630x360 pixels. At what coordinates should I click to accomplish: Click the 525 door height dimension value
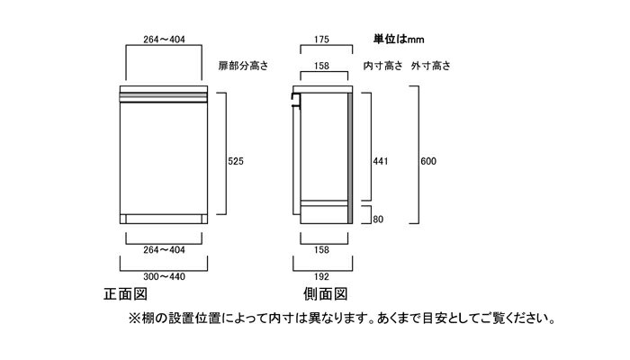pos(236,161)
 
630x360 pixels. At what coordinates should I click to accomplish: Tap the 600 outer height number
pos(428,161)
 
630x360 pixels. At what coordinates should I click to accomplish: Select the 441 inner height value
pos(381,161)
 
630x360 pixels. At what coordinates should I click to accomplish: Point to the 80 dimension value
pos(378,220)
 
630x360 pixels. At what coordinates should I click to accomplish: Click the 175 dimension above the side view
pos(321,40)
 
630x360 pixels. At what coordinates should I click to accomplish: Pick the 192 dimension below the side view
pos(321,277)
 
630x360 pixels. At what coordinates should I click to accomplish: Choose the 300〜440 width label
pos(164,277)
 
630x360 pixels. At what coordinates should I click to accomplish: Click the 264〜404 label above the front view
pos(164,40)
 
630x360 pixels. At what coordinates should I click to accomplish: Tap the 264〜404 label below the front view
pos(164,250)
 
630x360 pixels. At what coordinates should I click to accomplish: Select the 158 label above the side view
pos(321,66)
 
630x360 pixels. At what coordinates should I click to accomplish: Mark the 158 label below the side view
pos(321,250)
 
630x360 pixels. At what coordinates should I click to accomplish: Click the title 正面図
pos(125,294)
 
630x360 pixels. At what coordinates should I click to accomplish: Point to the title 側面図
pos(325,294)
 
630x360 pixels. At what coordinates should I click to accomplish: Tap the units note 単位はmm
pos(399,39)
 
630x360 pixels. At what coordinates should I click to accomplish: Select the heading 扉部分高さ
pos(243,66)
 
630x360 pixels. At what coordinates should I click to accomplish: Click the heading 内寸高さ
pos(382,66)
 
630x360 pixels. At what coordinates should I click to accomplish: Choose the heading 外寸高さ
pos(431,66)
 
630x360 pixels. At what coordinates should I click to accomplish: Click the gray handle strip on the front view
pos(164,97)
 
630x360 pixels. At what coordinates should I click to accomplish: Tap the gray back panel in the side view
pos(350,158)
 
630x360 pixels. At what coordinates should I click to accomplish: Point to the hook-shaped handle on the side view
pos(296,101)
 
